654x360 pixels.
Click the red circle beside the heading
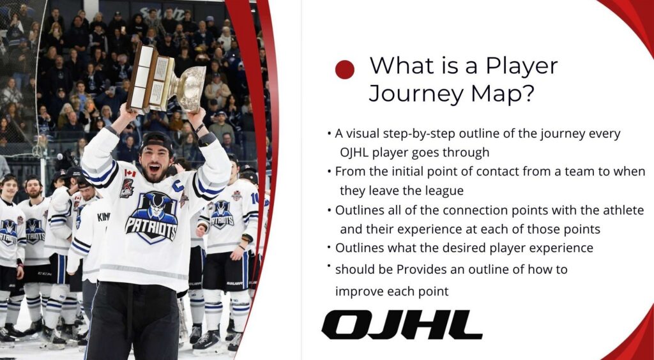(x=344, y=70)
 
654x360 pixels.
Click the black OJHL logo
(x=402, y=325)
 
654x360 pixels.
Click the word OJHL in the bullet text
(x=354, y=153)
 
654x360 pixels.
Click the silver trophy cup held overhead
(x=190, y=87)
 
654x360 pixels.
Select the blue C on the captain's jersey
(x=178, y=186)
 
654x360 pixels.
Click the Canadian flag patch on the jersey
(x=130, y=173)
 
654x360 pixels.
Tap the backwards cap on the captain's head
(x=156, y=142)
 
